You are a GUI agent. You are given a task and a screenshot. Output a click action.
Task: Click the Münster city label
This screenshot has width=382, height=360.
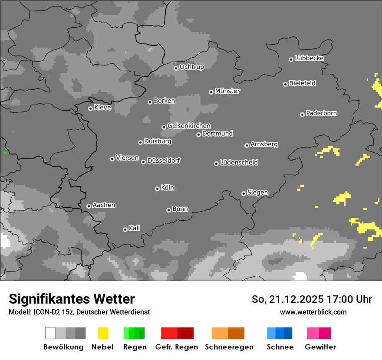pos(227,91)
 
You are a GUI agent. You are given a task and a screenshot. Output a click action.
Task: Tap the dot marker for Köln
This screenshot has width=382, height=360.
pos(157,189)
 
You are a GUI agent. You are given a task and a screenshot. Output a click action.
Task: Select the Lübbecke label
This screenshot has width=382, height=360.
pos(309,58)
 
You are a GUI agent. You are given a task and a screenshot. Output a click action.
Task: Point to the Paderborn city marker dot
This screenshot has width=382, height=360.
pos(302,115)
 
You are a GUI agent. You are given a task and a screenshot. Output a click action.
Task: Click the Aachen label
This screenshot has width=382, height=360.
pos(104,205)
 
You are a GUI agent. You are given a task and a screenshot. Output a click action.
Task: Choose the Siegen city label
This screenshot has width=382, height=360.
pos(257,193)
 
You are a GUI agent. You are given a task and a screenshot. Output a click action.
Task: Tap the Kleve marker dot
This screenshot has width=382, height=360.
pos(90,108)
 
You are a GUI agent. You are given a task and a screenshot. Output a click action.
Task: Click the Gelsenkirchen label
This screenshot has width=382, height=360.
pos(189,126)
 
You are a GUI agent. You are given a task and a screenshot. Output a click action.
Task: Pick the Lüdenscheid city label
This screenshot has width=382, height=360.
pos(239,163)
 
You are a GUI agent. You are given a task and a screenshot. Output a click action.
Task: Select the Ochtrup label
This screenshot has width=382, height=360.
pos(191,67)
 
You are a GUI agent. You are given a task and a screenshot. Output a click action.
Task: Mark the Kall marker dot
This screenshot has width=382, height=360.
pos(125,229)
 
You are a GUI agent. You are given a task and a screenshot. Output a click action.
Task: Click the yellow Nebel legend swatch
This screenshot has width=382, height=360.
pos(103,333)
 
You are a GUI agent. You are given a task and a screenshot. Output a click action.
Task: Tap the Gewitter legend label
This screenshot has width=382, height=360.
pos(320,347)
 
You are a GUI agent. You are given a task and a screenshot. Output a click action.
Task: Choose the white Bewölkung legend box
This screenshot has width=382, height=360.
pos(50,333)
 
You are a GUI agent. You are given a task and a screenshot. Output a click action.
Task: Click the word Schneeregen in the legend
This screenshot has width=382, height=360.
pos(229,347)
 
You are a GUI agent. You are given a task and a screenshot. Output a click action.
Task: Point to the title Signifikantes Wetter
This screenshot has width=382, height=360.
pos(72,299)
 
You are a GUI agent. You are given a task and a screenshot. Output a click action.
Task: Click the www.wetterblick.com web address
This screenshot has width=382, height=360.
pos(313,312)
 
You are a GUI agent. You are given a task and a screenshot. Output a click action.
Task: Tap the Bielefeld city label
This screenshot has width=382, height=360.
pos(302,83)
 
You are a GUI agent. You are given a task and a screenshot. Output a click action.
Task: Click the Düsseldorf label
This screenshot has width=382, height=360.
pos(163,160)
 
